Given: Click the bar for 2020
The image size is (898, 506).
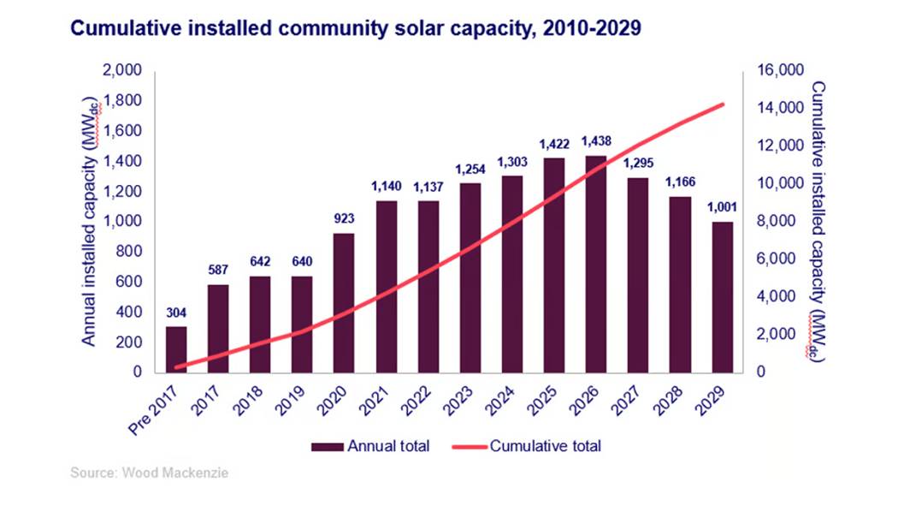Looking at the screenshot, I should tap(345, 302).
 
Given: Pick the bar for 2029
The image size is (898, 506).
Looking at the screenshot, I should tap(724, 296).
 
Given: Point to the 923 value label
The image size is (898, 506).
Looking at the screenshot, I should tap(345, 219).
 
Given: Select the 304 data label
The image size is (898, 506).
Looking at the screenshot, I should tap(176, 313).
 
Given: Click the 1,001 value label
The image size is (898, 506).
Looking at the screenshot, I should tap(724, 206).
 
